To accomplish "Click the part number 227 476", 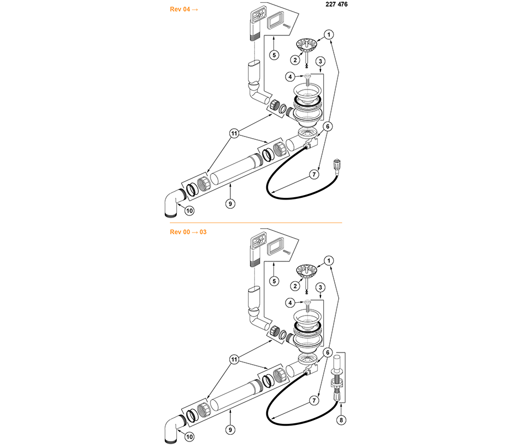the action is (x=336, y=4).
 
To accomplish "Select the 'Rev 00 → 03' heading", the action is (x=188, y=232).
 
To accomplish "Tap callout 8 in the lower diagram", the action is (x=341, y=420).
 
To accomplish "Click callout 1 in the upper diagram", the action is (x=329, y=35).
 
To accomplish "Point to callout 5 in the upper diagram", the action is (x=274, y=55).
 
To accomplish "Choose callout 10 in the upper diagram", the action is (x=189, y=211).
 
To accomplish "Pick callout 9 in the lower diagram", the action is (x=230, y=430).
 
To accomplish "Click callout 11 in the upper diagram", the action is (x=234, y=133).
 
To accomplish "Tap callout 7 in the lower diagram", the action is (x=314, y=401).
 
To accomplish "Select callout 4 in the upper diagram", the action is (x=290, y=77).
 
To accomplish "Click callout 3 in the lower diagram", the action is (x=320, y=287).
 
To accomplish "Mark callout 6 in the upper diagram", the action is (x=328, y=126).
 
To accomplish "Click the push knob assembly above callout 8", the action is (x=336, y=378).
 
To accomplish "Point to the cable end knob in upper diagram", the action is (x=336, y=165).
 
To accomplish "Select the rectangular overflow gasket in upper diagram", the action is (x=275, y=23).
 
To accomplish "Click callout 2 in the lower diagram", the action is (x=295, y=286).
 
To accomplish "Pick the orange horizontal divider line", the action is (x=256, y=223).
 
